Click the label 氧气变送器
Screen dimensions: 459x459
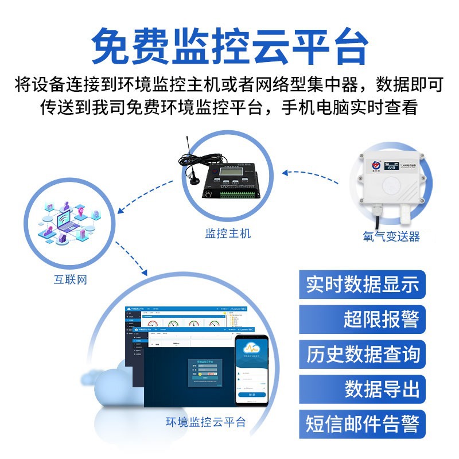click(x=391, y=236)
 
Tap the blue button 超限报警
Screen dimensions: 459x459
click(x=381, y=319)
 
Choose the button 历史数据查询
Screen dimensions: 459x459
click(x=362, y=354)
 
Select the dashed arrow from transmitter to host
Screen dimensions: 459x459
click(x=316, y=175)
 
